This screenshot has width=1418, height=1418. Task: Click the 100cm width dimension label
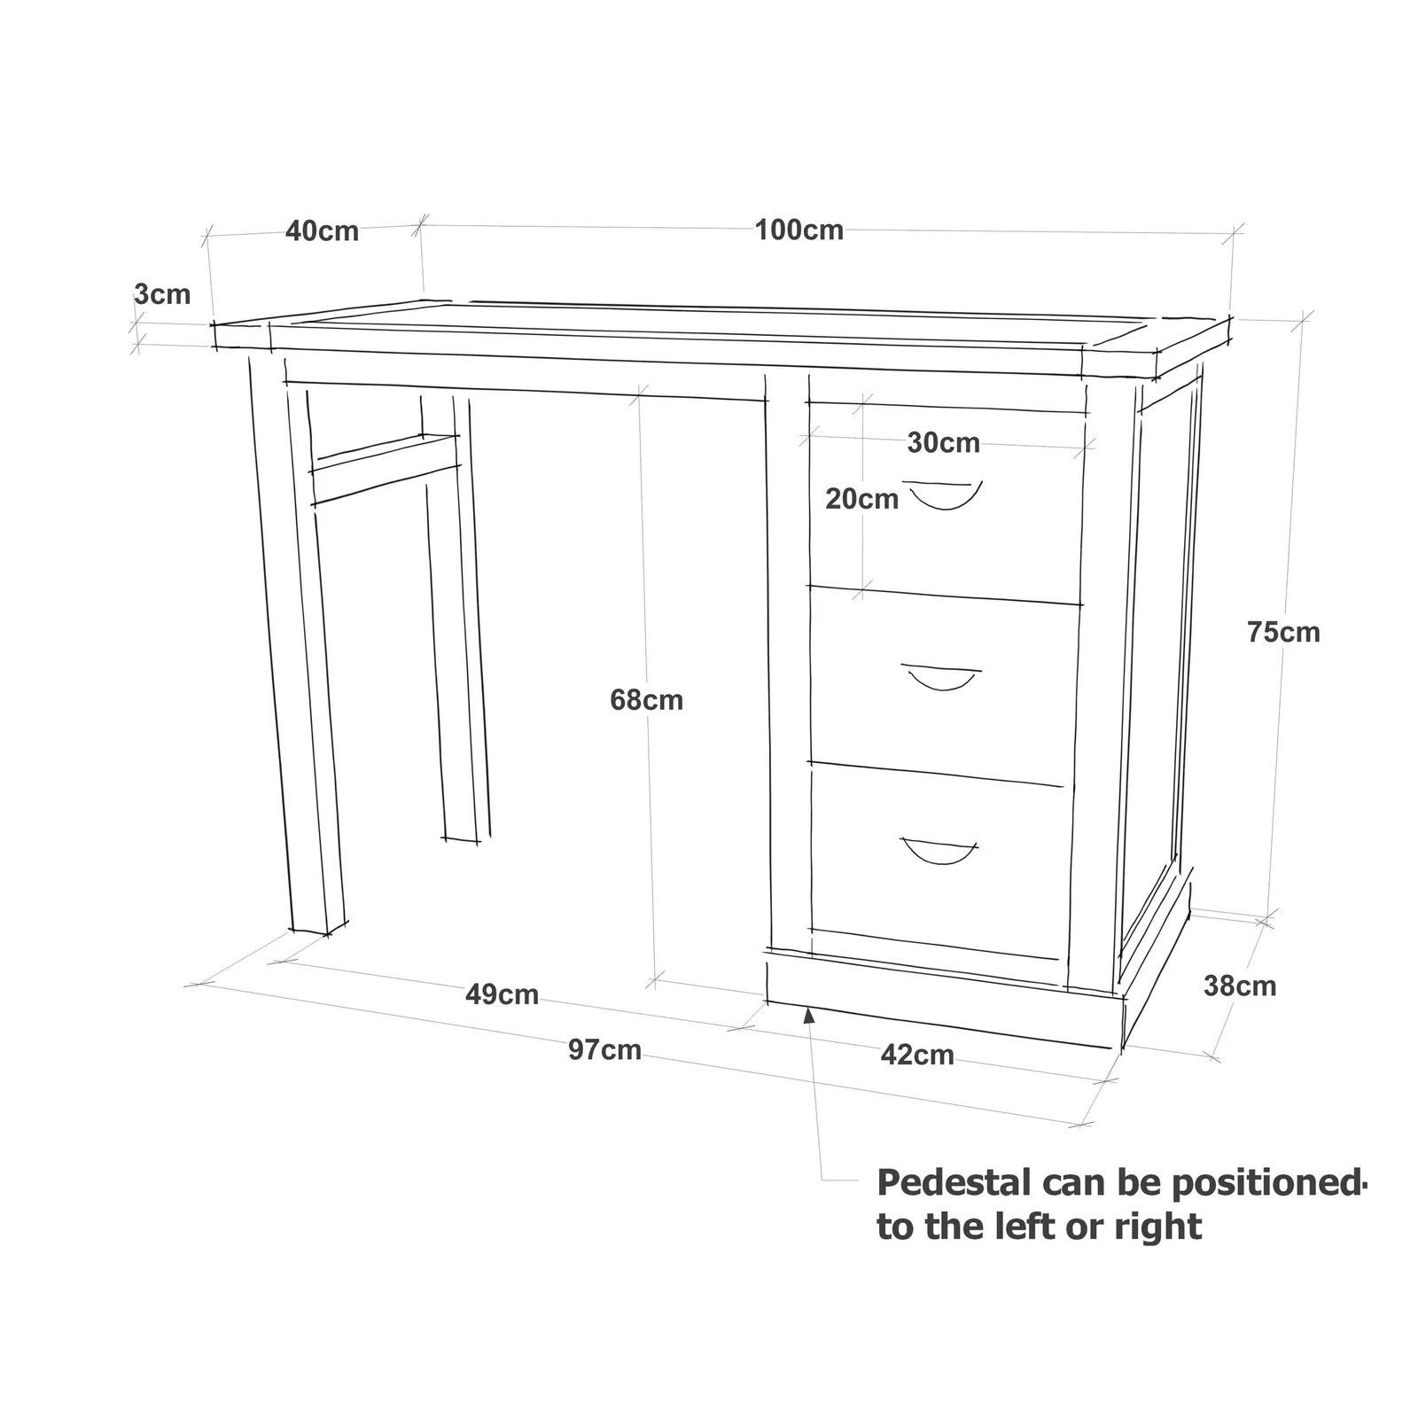pyautogui.click(x=799, y=230)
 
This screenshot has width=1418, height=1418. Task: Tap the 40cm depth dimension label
pyautogui.click(x=322, y=231)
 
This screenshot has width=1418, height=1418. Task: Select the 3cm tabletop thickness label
pyautogui.click(x=162, y=293)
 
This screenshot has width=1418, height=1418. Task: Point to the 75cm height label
pyautogui.click(x=1283, y=632)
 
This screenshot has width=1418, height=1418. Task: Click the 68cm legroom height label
pyautogui.click(x=646, y=700)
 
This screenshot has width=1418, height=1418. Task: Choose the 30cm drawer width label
pyautogui.click(x=943, y=442)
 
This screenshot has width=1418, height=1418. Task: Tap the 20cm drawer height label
pyautogui.click(x=861, y=499)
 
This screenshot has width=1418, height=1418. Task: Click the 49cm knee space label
pyautogui.click(x=502, y=994)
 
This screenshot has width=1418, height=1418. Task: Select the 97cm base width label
pyautogui.click(x=604, y=1050)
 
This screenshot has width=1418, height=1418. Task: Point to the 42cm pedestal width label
pyautogui.click(x=917, y=1055)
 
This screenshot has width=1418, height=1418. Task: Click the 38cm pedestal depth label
pyautogui.click(x=1240, y=986)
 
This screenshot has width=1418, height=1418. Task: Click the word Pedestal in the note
pyautogui.click(x=954, y=1183)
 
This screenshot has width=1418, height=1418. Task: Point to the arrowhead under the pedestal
pyautogui.click(x=809, y=1016)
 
